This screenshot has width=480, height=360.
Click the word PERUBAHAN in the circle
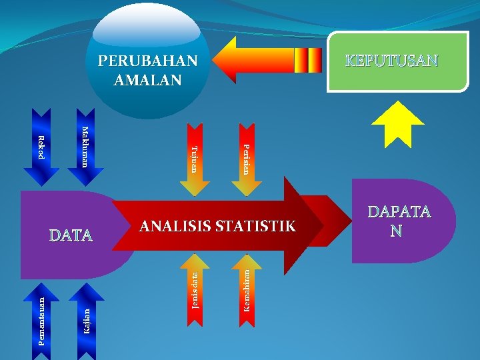[148, 61]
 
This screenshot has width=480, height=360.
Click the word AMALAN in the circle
[148, 80]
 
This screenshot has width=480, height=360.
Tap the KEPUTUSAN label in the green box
[391, 61]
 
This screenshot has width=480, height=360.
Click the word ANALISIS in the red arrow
[175, 226]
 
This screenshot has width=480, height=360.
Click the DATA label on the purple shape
[71, 235]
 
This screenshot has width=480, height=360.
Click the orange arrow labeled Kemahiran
[247, 289]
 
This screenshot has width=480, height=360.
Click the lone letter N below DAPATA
[397, 231]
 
